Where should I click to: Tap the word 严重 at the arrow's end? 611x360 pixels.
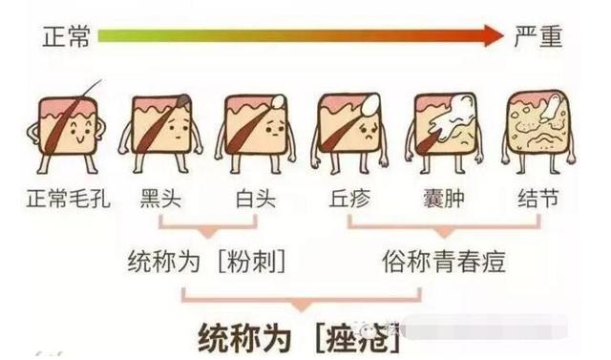click(x=538, y=37)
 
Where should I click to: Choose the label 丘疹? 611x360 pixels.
click(x=348, y=199)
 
